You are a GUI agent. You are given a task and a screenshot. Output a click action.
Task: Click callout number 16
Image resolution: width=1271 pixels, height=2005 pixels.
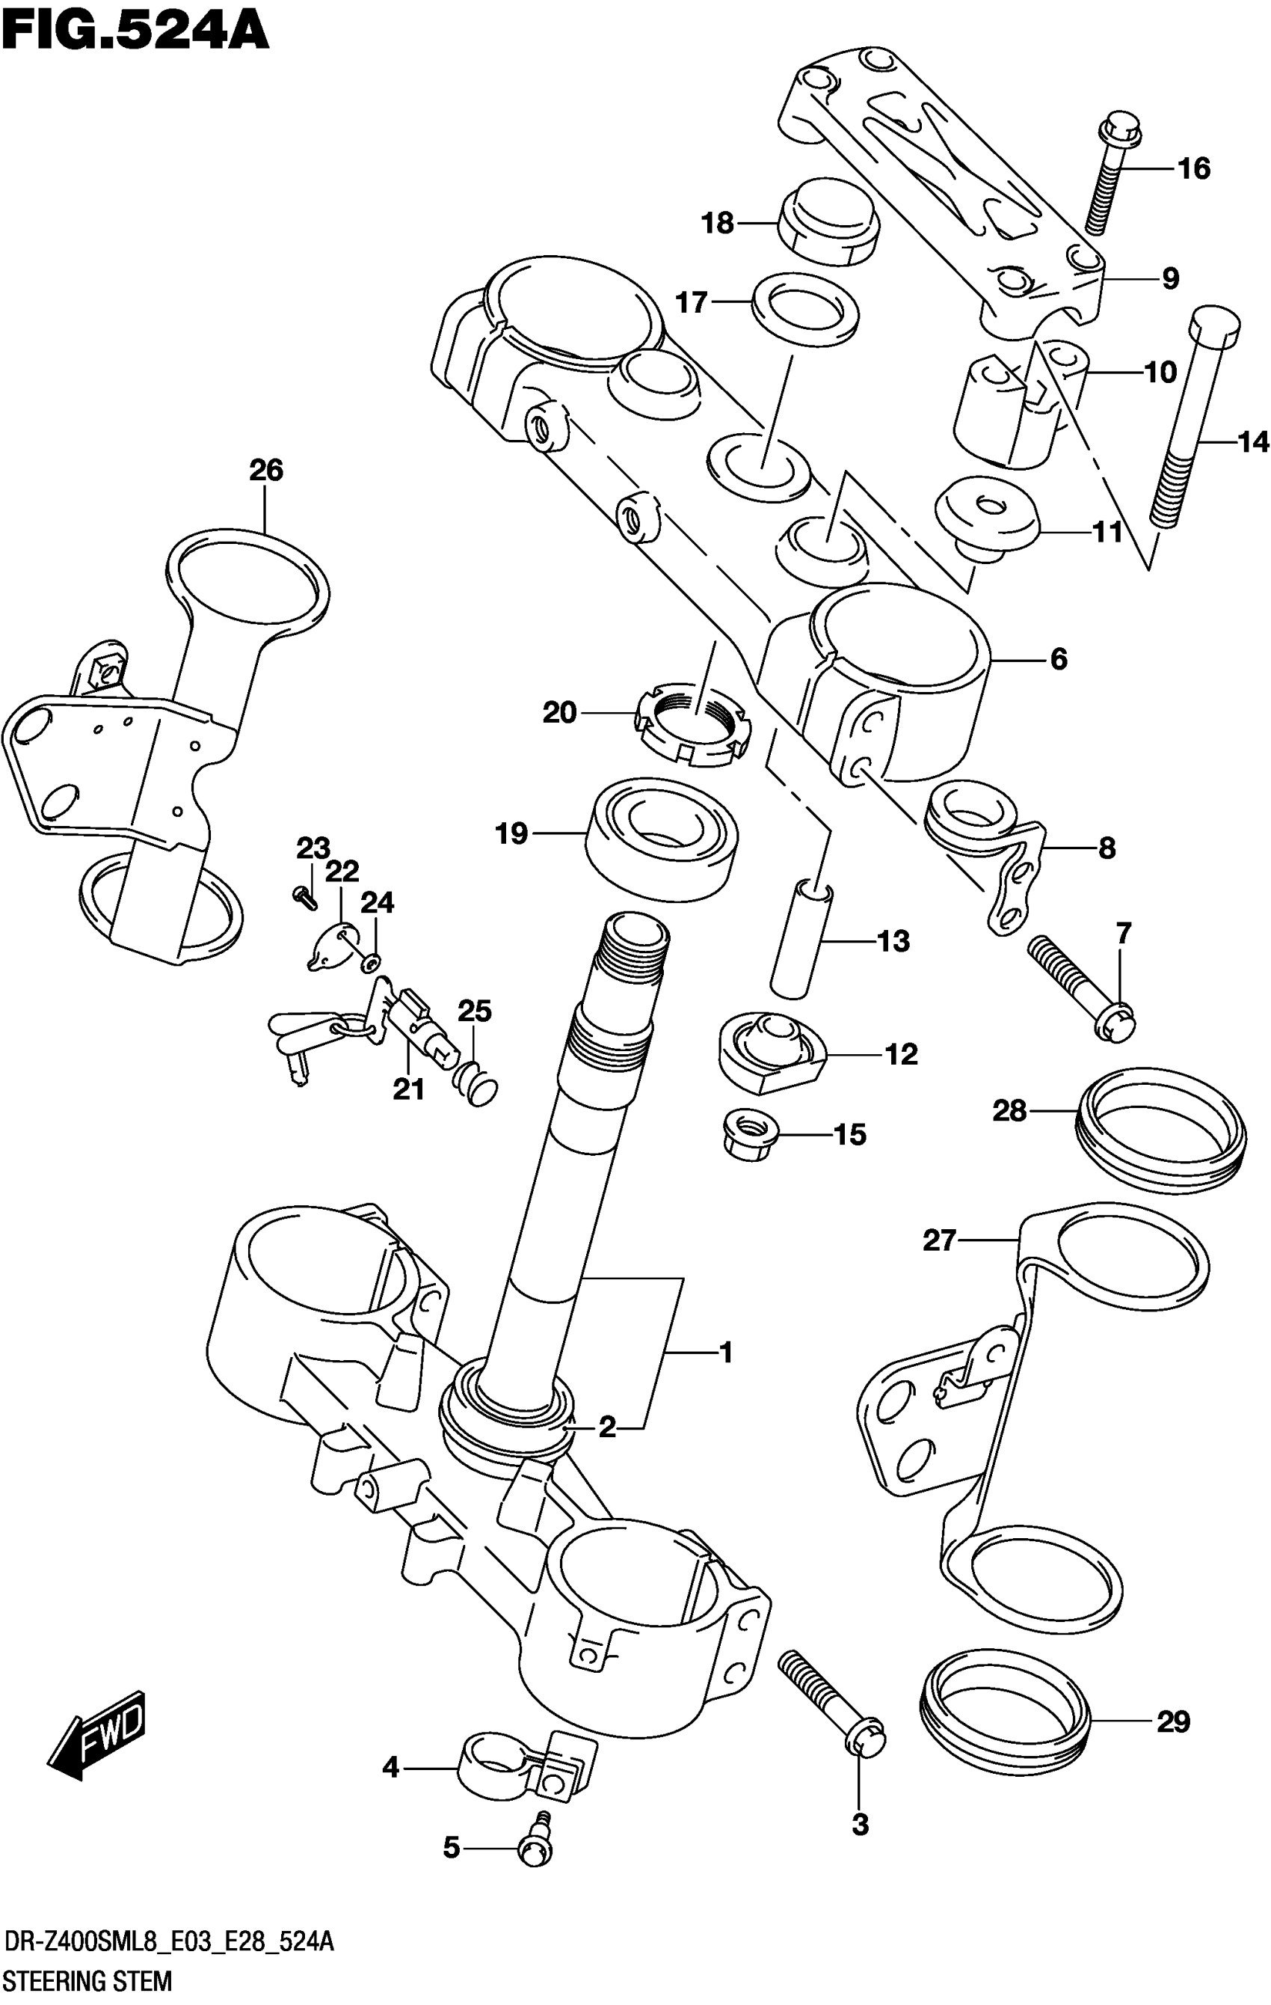1193,169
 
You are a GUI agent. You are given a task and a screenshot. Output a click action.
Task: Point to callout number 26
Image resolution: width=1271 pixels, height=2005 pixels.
266,471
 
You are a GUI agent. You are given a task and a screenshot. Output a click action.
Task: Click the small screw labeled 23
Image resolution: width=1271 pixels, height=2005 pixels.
304,897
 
